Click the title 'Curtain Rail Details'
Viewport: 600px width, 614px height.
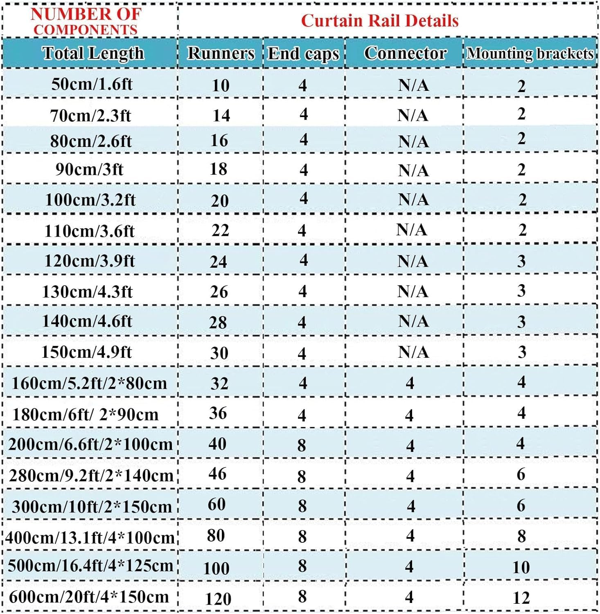[380, 20]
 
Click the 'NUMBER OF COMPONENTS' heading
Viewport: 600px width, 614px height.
[86, 21]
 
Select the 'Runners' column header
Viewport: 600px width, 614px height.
[221, 54]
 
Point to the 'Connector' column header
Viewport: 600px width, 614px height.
[405, 53]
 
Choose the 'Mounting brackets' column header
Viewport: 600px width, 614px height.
[530, 54]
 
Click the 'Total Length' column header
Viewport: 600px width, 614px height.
[93, 53]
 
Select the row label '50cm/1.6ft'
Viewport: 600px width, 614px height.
[92, 84]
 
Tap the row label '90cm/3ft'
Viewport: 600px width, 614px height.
[89, 169]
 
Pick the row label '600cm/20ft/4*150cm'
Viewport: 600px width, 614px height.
[89, 597]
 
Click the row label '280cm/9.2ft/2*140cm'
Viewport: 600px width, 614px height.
[91, 476]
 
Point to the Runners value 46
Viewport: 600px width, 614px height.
[217, 474]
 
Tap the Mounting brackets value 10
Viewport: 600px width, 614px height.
[521, 567]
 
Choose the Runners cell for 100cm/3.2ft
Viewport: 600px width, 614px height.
[220, 201]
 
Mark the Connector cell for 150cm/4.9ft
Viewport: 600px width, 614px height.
[413, 352]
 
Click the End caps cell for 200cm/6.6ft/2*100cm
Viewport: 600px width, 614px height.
[302, 445]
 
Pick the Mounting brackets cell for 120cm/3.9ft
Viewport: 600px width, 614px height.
[521, 261]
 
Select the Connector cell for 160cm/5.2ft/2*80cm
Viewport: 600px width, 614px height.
[410, 383]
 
